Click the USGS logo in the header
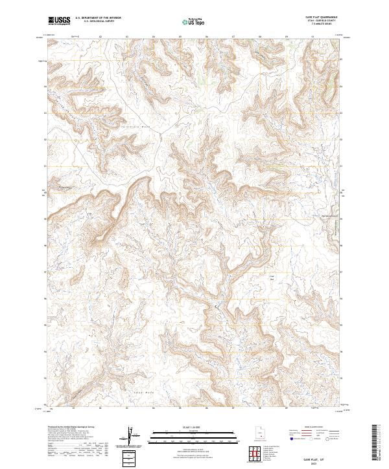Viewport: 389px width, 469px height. coord(59,21)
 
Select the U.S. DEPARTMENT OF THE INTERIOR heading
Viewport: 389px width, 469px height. coord(98,18)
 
